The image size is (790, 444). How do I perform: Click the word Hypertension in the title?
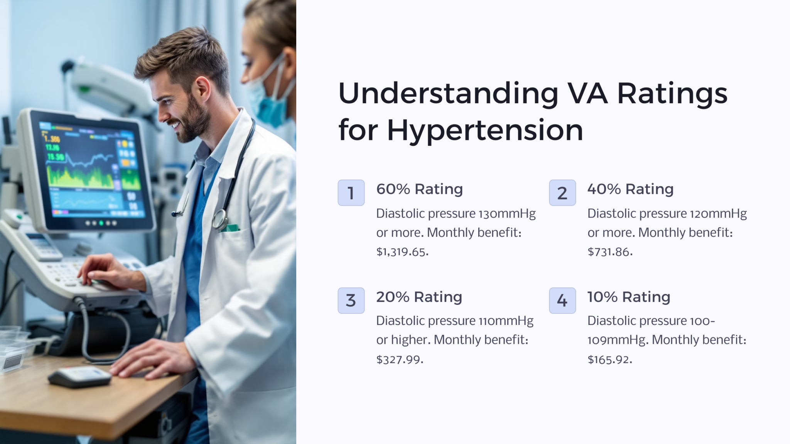[x=485, y=130]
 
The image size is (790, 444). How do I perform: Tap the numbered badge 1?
[x=351, y=193]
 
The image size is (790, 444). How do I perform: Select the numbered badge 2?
[x=562, y=193]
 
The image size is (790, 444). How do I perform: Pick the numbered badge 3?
[x=351, y=300]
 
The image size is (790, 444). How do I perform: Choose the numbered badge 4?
[x=562, y=300]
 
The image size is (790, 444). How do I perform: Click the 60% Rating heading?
[x=419, y=189]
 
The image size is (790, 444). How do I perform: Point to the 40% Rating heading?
[x=630, y=189]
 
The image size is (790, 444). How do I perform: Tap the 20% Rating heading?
[x=419, y=297]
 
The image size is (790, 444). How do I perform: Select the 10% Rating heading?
[x=629, y=297]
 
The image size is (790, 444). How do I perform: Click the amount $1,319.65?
[x=402, y=252]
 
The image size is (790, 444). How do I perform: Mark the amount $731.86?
[x=610, y=252]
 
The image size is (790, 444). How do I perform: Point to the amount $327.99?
[x=400, y=360]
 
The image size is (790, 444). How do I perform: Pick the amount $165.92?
[x=609, y=360]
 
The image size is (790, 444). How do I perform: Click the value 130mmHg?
[x=507, y=214]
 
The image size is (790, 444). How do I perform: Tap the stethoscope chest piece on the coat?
[x=219, y=219]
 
